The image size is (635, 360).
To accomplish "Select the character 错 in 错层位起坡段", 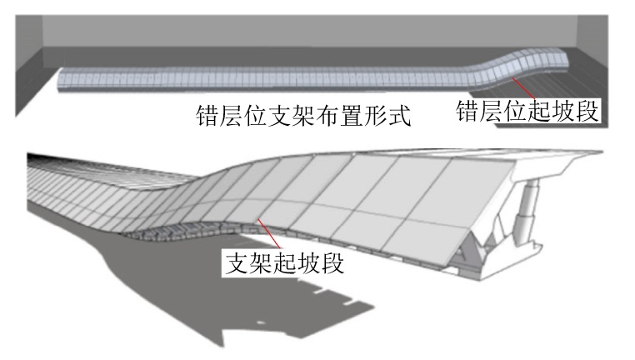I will pos(467,111).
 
